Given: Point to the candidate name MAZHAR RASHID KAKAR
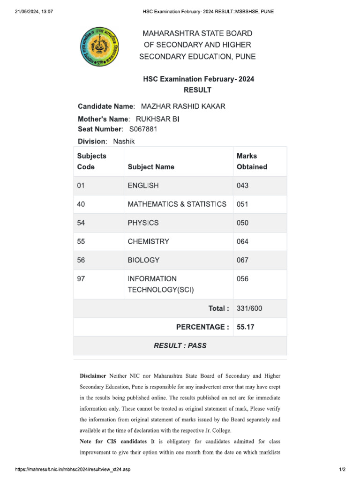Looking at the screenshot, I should tap(180, 106).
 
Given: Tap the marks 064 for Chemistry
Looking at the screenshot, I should tap(243, 241).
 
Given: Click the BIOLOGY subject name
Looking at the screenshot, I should tap(143, 260).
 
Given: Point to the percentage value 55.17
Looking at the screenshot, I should tap(246, 327).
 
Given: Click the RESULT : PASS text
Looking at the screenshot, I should tap(180, 345).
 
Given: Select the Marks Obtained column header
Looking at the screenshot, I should tap(252, 161).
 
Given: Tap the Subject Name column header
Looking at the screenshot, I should tap(151, 167).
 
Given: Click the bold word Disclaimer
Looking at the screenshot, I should tap(93, 376).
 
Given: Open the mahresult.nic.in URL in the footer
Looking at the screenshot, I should tap(73, 469).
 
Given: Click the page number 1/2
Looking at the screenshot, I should tap(342, 469).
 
